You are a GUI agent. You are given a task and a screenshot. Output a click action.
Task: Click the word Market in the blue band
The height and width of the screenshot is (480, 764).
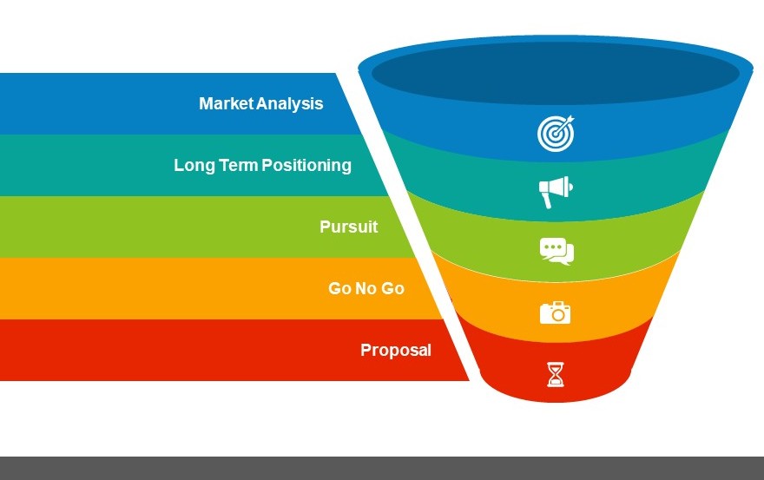point(227,103)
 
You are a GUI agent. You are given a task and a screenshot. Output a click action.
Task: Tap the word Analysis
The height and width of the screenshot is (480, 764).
point(289,104)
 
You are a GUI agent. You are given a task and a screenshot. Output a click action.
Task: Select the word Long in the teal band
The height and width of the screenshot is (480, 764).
point(194,166)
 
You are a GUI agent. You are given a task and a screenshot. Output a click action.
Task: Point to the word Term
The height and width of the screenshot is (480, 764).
point(239,165)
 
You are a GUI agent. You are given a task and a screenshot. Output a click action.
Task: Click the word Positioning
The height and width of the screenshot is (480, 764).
point(306,166)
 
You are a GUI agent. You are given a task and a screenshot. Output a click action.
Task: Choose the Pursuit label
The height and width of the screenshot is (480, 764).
point(349,227)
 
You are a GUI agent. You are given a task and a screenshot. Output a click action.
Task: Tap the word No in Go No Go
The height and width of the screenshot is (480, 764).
point(366,288)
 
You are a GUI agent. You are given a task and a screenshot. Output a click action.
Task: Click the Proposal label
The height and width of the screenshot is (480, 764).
point(396,351)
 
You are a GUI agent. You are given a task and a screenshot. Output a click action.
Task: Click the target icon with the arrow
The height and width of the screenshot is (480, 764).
point(556,133)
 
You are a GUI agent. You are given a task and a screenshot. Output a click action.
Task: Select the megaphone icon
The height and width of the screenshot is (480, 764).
point(556,192)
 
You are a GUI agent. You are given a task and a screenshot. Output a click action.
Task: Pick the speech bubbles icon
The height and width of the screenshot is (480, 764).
point(557,252)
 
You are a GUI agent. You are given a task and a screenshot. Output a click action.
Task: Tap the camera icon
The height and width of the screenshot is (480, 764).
point(556,312)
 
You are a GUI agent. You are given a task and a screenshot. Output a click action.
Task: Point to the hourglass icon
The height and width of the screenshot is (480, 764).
point(556,374)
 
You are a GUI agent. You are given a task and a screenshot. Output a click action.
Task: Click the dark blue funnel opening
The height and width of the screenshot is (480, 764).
point(556,73)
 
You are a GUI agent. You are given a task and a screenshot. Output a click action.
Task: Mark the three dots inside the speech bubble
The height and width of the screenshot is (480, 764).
point(553,247)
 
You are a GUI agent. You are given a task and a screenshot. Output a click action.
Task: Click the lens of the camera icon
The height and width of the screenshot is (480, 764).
point(558,315)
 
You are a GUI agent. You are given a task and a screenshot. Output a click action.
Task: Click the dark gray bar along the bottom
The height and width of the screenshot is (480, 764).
point(382,469)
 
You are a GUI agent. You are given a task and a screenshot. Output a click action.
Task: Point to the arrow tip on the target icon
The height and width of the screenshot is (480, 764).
point(572,118)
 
